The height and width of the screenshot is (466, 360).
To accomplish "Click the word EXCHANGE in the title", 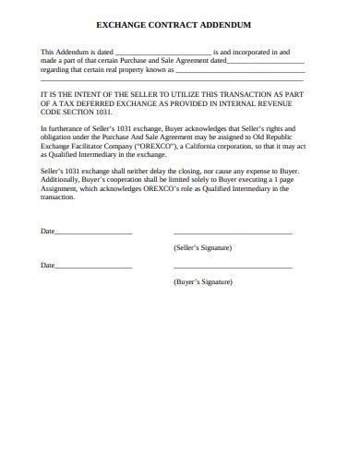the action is click(x=134, y=28).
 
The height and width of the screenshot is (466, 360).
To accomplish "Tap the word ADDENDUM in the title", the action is click(x=233, y=28).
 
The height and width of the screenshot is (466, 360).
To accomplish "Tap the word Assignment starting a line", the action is click(x=60, y=189).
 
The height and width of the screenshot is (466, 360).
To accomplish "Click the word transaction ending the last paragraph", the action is click(x=58, y=197).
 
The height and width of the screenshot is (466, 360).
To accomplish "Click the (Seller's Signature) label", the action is click(x=202, y=249).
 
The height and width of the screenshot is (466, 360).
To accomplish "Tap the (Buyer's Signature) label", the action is click(x=202, y=281).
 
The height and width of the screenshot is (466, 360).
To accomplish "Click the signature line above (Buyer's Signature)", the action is click(x=233, y=268).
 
